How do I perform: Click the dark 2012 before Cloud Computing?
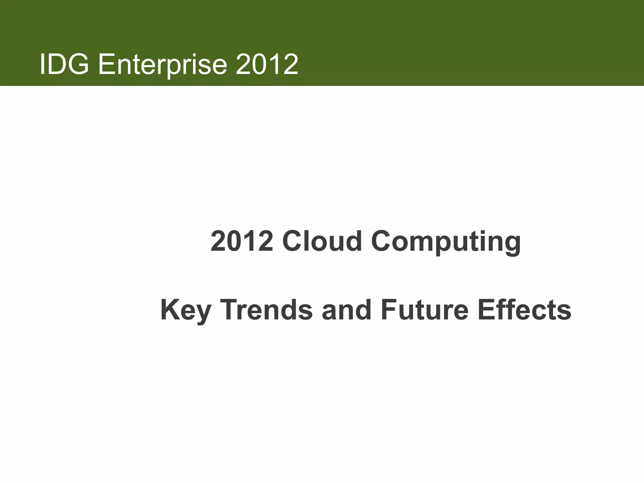(242, 241)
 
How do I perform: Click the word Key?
(186, 311)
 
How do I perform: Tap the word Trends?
(268, 310)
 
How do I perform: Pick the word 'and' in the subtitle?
(347, 310)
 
